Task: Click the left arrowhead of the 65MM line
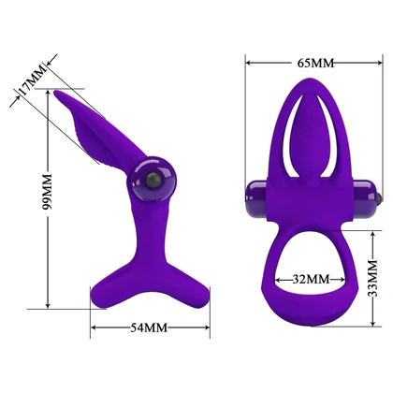250,64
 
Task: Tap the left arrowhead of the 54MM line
93,327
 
